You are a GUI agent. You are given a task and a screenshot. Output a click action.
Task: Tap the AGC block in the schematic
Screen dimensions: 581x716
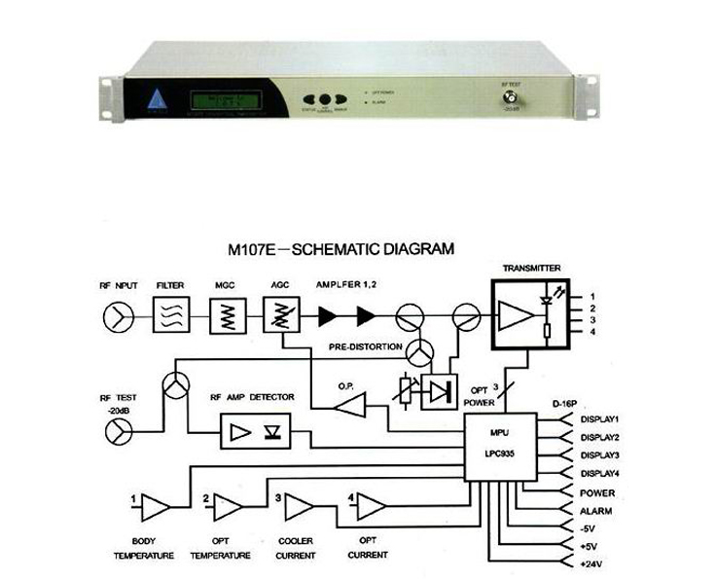click(x=282, y=314)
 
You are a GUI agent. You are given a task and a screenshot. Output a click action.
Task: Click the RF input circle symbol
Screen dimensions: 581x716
click(x=116, y=314)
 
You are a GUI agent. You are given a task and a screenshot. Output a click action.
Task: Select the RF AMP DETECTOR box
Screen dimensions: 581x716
click(x=254, y=429)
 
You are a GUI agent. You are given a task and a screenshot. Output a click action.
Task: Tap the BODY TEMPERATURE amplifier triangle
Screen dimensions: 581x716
click(x=154, y=505)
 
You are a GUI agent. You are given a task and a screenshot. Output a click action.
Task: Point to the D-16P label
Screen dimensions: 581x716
click(x=565, y=401)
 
